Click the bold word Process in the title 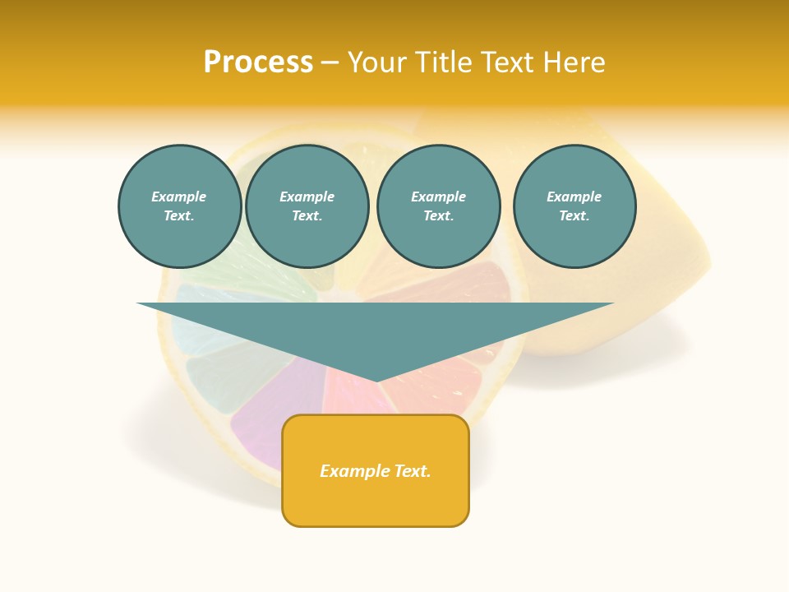258,62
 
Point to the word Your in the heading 377,62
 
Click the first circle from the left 180,206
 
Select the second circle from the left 307,206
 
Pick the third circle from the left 439,206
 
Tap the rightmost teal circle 574,206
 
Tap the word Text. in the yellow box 409,471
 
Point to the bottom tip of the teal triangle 376,379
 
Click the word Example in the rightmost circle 574,197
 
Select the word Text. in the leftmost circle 179,216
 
